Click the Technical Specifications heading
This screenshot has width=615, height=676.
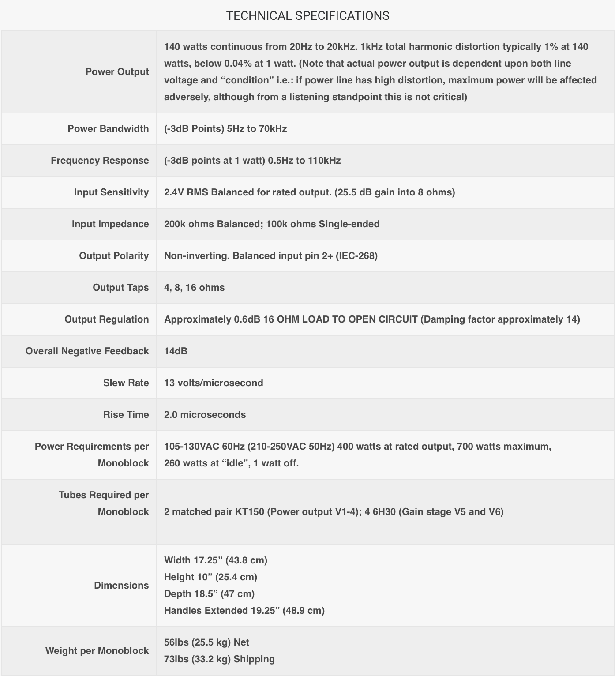point(307,16)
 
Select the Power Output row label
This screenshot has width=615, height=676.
point(117,71)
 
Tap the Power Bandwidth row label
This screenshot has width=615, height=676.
point(108,128)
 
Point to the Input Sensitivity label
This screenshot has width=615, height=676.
point(111,192)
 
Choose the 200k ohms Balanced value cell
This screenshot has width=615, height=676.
point(271,224)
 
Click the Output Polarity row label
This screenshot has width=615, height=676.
point(114,255)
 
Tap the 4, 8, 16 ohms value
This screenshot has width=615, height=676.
point(194,287)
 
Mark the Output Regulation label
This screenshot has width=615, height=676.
point(106,319)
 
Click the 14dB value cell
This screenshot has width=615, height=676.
point(176,351)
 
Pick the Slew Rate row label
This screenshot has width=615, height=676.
point(126,383)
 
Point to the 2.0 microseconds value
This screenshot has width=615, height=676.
point(205,414)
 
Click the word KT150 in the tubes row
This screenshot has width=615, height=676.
point(249,511)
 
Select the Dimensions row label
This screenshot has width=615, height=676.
point(121,585)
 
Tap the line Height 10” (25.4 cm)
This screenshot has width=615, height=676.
point(210,577)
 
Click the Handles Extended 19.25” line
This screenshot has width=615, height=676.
point(244,610)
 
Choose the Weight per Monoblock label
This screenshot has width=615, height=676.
point(97,650)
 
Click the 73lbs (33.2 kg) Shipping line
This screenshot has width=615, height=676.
point(219,659)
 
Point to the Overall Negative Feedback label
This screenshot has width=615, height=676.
point(87,351)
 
